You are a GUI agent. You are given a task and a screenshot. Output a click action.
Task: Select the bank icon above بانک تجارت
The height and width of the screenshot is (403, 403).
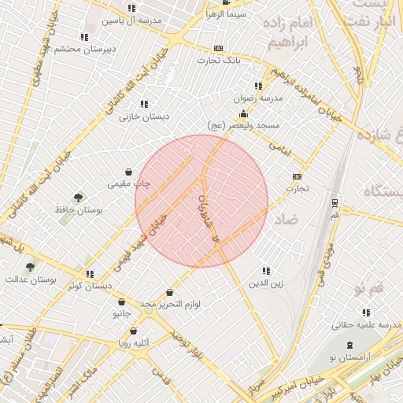point(218,48)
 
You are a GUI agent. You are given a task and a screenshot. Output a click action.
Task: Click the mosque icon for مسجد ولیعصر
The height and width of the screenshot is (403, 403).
point(243,114)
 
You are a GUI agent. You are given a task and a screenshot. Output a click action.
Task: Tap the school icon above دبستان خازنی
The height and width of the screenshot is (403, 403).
point(143,104)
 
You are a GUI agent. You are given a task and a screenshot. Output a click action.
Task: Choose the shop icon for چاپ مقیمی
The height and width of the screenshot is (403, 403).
point(128,172)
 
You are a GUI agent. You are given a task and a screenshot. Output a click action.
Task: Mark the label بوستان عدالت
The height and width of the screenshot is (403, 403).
point(31,290)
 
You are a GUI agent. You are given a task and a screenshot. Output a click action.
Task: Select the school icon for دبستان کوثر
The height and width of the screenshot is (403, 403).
point(88,273)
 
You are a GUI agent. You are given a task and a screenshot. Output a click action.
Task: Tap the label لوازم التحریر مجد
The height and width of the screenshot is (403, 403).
point(171,304)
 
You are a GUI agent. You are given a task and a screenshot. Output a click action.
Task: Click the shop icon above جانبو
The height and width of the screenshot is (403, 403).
point(121,302)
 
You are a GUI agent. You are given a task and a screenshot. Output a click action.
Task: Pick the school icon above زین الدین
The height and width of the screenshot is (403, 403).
point(265,270)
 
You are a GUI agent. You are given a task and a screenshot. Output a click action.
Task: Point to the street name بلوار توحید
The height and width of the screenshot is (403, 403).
point(188,343)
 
